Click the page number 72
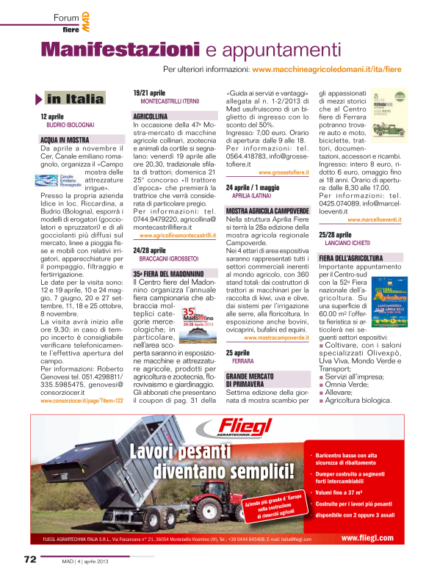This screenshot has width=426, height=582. [29, 559]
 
